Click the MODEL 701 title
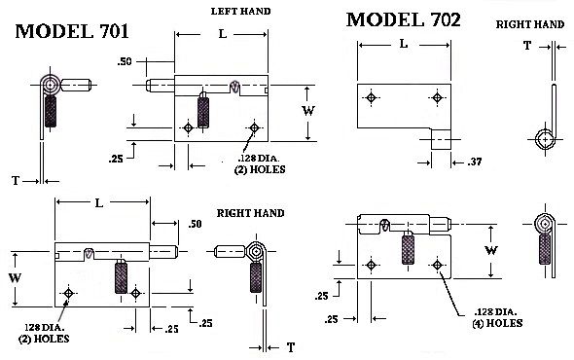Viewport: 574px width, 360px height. pos(72,31)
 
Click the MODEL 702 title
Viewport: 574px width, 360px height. pos(404,19)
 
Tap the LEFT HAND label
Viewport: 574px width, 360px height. pos(241,12)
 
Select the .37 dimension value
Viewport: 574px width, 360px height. pos(475,162)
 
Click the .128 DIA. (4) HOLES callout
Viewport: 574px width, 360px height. pos(497,317)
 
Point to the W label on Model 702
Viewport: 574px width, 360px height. pos(491,250)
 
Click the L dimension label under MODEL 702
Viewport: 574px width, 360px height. pos(404,44)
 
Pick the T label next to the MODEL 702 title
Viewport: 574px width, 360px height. pos(527,46)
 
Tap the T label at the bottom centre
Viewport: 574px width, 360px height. pos(291,347)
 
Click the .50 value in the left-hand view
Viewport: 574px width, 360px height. pos(125,61)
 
